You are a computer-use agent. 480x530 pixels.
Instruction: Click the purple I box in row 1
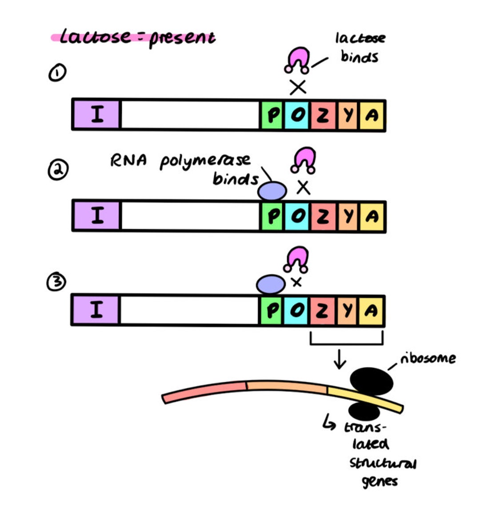click(96, 115)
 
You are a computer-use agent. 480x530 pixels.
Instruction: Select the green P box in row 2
click(272, 216)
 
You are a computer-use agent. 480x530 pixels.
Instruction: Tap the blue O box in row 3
click(296, 310)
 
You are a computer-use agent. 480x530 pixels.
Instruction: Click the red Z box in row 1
click(322, 115)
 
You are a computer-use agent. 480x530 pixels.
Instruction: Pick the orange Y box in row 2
click(348, 216)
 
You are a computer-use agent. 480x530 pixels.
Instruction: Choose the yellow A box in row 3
click(371, 310)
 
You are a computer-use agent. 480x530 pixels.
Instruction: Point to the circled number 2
click(58, 171)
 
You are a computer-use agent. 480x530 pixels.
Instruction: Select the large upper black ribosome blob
click(372, 381)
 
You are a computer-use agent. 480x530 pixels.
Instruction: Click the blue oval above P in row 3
click(271, 284)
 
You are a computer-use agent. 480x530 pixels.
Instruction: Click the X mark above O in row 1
click(298, 87)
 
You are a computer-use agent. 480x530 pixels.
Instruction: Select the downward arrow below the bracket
click(340, 360)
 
